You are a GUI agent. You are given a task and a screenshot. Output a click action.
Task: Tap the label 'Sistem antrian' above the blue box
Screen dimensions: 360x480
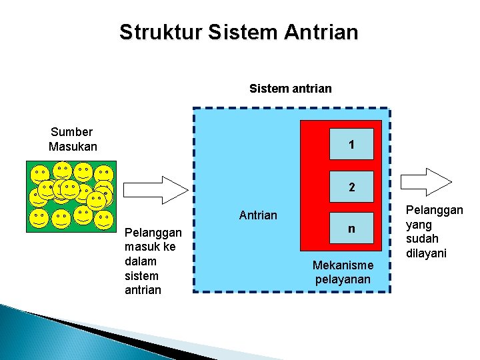[x=290, y=88]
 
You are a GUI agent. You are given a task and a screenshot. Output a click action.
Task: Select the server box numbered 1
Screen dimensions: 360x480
[x=351, y=145]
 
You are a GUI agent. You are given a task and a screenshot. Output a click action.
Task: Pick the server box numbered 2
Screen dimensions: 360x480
[x=351, y=188]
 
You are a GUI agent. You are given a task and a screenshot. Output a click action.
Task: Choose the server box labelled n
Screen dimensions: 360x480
[x=351, y=229]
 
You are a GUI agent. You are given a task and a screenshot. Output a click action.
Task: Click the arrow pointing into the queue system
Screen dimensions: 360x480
[x=157, y=189]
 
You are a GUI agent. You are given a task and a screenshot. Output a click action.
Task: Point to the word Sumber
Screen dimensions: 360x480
[x=71, y=132]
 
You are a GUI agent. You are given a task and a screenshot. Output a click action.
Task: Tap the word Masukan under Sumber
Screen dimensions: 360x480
[x=73, y=146]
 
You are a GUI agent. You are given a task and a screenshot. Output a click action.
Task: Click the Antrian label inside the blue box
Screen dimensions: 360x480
[x=258, y=215]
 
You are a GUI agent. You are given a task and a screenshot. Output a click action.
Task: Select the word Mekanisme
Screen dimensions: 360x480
[x=343, y=265]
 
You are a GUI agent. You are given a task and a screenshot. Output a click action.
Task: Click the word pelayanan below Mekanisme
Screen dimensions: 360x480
[x=342, y=279]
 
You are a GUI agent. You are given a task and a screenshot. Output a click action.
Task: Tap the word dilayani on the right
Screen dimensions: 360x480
[x=426, y=253]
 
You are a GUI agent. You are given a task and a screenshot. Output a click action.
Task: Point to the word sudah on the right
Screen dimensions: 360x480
[x=422, y=239]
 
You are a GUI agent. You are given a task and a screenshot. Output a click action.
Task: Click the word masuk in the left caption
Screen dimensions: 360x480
[x=142, y=247]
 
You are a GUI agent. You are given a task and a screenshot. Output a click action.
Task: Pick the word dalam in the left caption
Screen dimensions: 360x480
[x=140, y=261]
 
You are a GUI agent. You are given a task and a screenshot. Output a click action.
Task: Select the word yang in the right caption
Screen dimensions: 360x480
[x=419, y=225]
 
